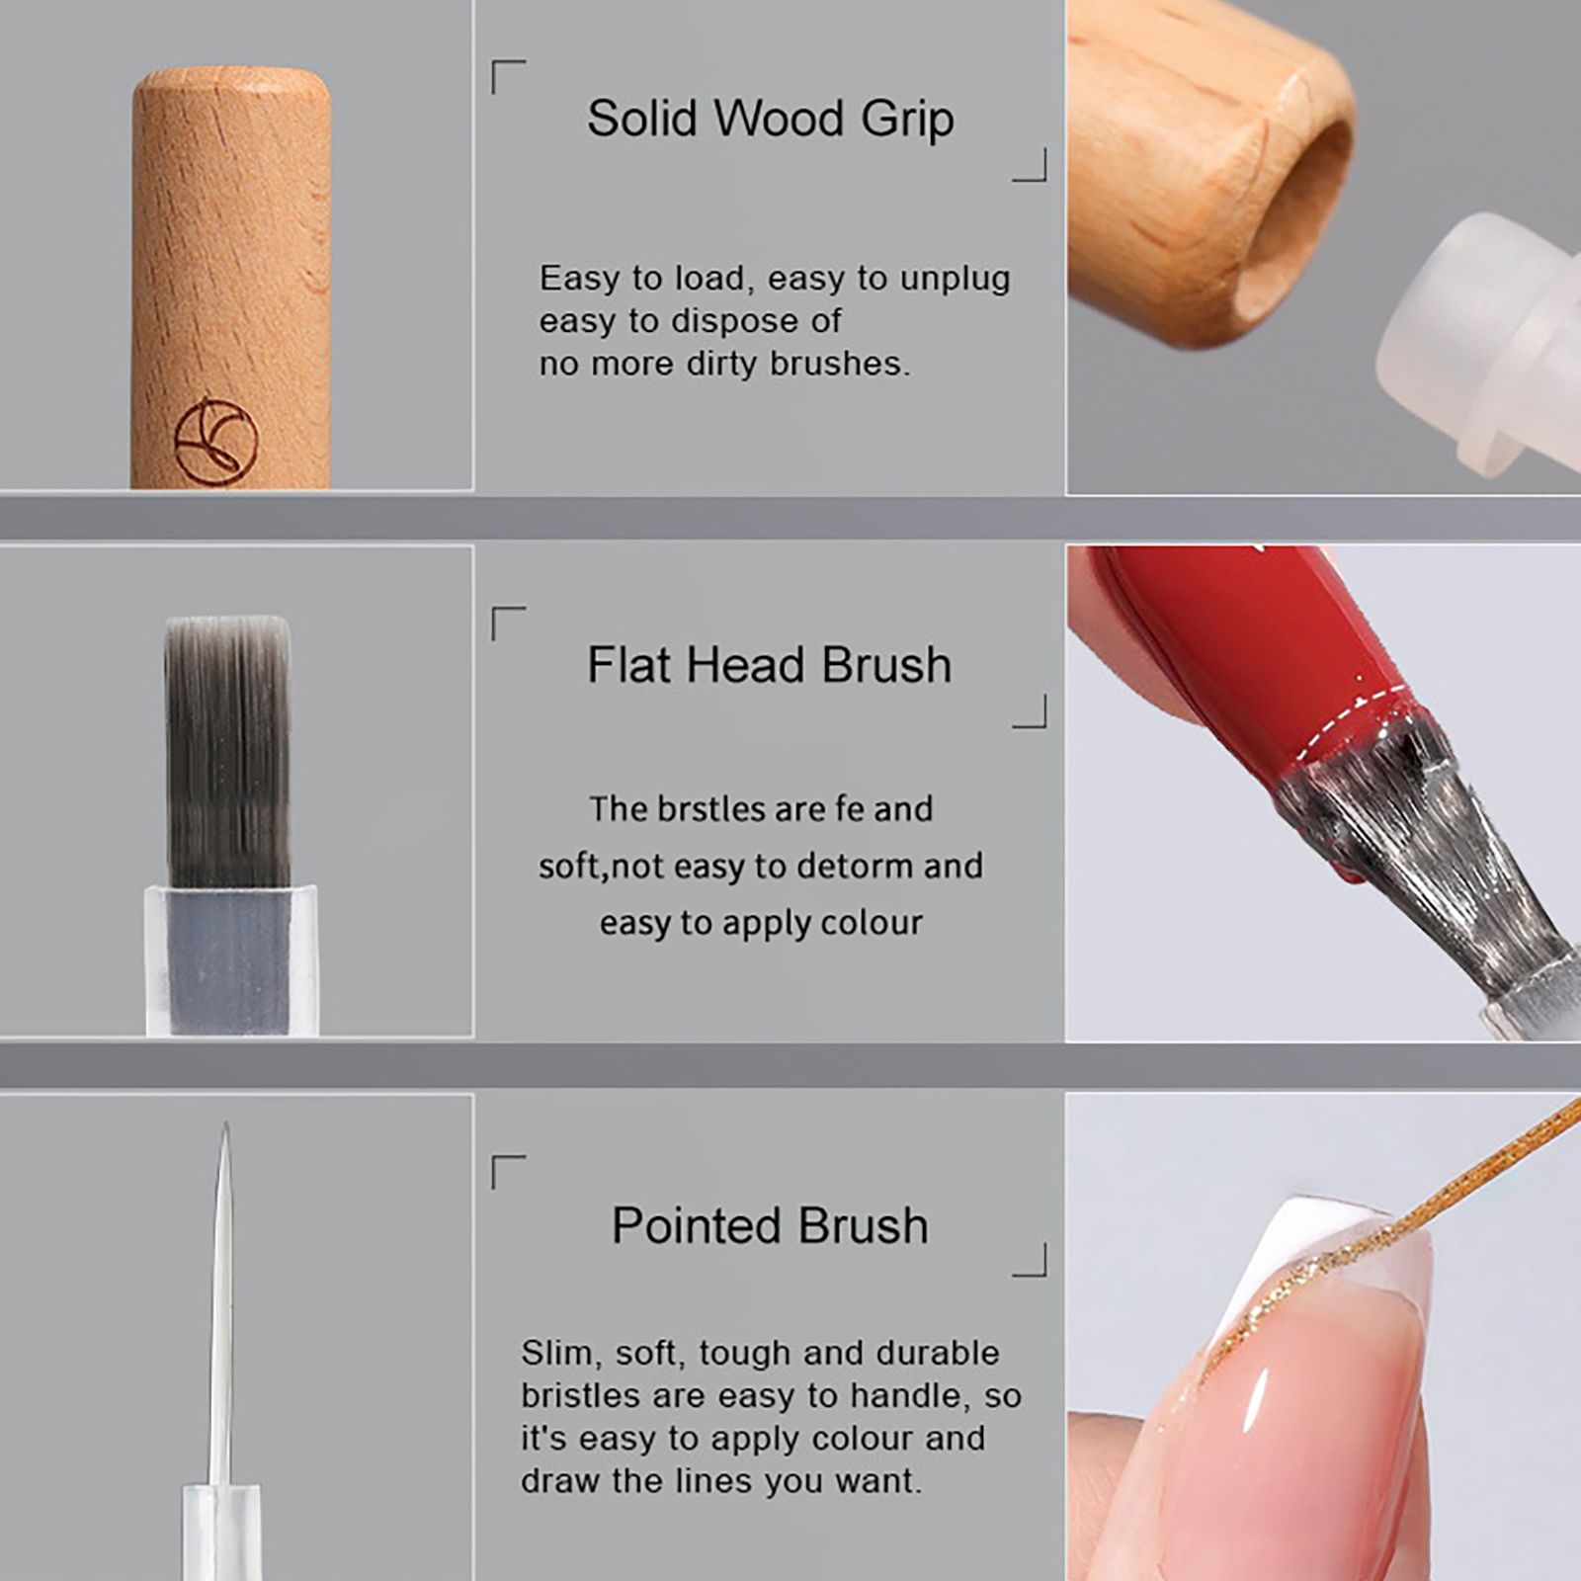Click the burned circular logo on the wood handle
216,442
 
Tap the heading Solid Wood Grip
771,120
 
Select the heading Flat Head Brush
769,665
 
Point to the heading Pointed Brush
770,1226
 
